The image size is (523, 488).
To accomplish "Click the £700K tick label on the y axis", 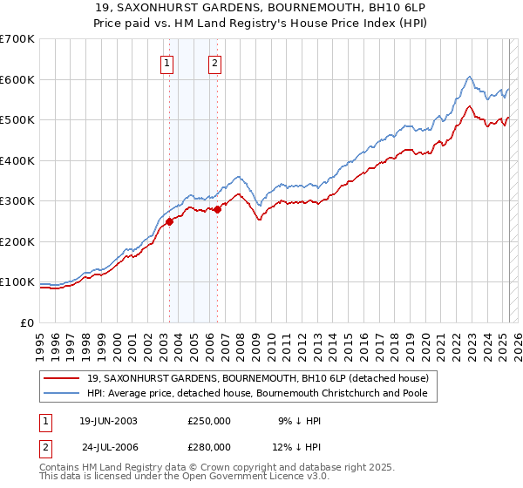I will click(17, 39).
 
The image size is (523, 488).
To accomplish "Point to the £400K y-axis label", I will click(17, 160).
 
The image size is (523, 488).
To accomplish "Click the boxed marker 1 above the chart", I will click(166, 62).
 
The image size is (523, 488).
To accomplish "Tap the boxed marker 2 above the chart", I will click(214, 62).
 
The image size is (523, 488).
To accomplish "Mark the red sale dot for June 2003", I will click(170, 221).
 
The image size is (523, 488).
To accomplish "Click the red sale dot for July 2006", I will click(217, 209).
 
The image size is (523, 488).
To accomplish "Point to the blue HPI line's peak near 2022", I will click(469, 77).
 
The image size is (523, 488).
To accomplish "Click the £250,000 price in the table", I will click(209, 420).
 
